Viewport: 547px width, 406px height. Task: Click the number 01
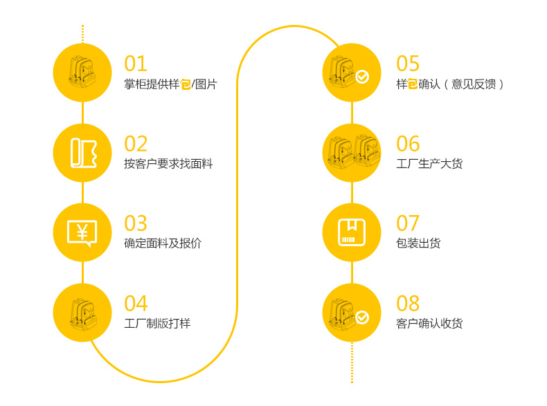tap(136, 64)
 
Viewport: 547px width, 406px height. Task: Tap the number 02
tap(136, 144)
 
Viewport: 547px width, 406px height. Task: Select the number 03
tap(136, 223)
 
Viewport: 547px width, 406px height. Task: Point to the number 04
tap(136, 304)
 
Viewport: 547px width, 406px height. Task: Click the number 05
tap(408, 64)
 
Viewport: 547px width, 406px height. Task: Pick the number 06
tap(408, 144)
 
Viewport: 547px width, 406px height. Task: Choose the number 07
tap(408, 223)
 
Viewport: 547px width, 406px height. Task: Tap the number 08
tap(408, 304)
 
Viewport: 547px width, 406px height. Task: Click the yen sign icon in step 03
tap(82, 232)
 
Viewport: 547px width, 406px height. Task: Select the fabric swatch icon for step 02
tap(82, 152)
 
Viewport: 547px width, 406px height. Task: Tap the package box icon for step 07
tap(352, 232)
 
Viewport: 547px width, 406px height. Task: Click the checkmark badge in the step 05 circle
tap(362, 77)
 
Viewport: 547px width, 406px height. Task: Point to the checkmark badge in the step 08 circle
tap(362, 317)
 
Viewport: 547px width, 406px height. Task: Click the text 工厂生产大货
tap(429, 164)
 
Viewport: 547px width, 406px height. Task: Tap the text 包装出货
tap(418, 243)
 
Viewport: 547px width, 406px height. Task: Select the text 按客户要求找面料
tap(168, 164)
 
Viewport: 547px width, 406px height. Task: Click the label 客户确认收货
tap(429, 324)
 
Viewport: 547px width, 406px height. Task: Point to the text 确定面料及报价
tap(163, 243)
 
